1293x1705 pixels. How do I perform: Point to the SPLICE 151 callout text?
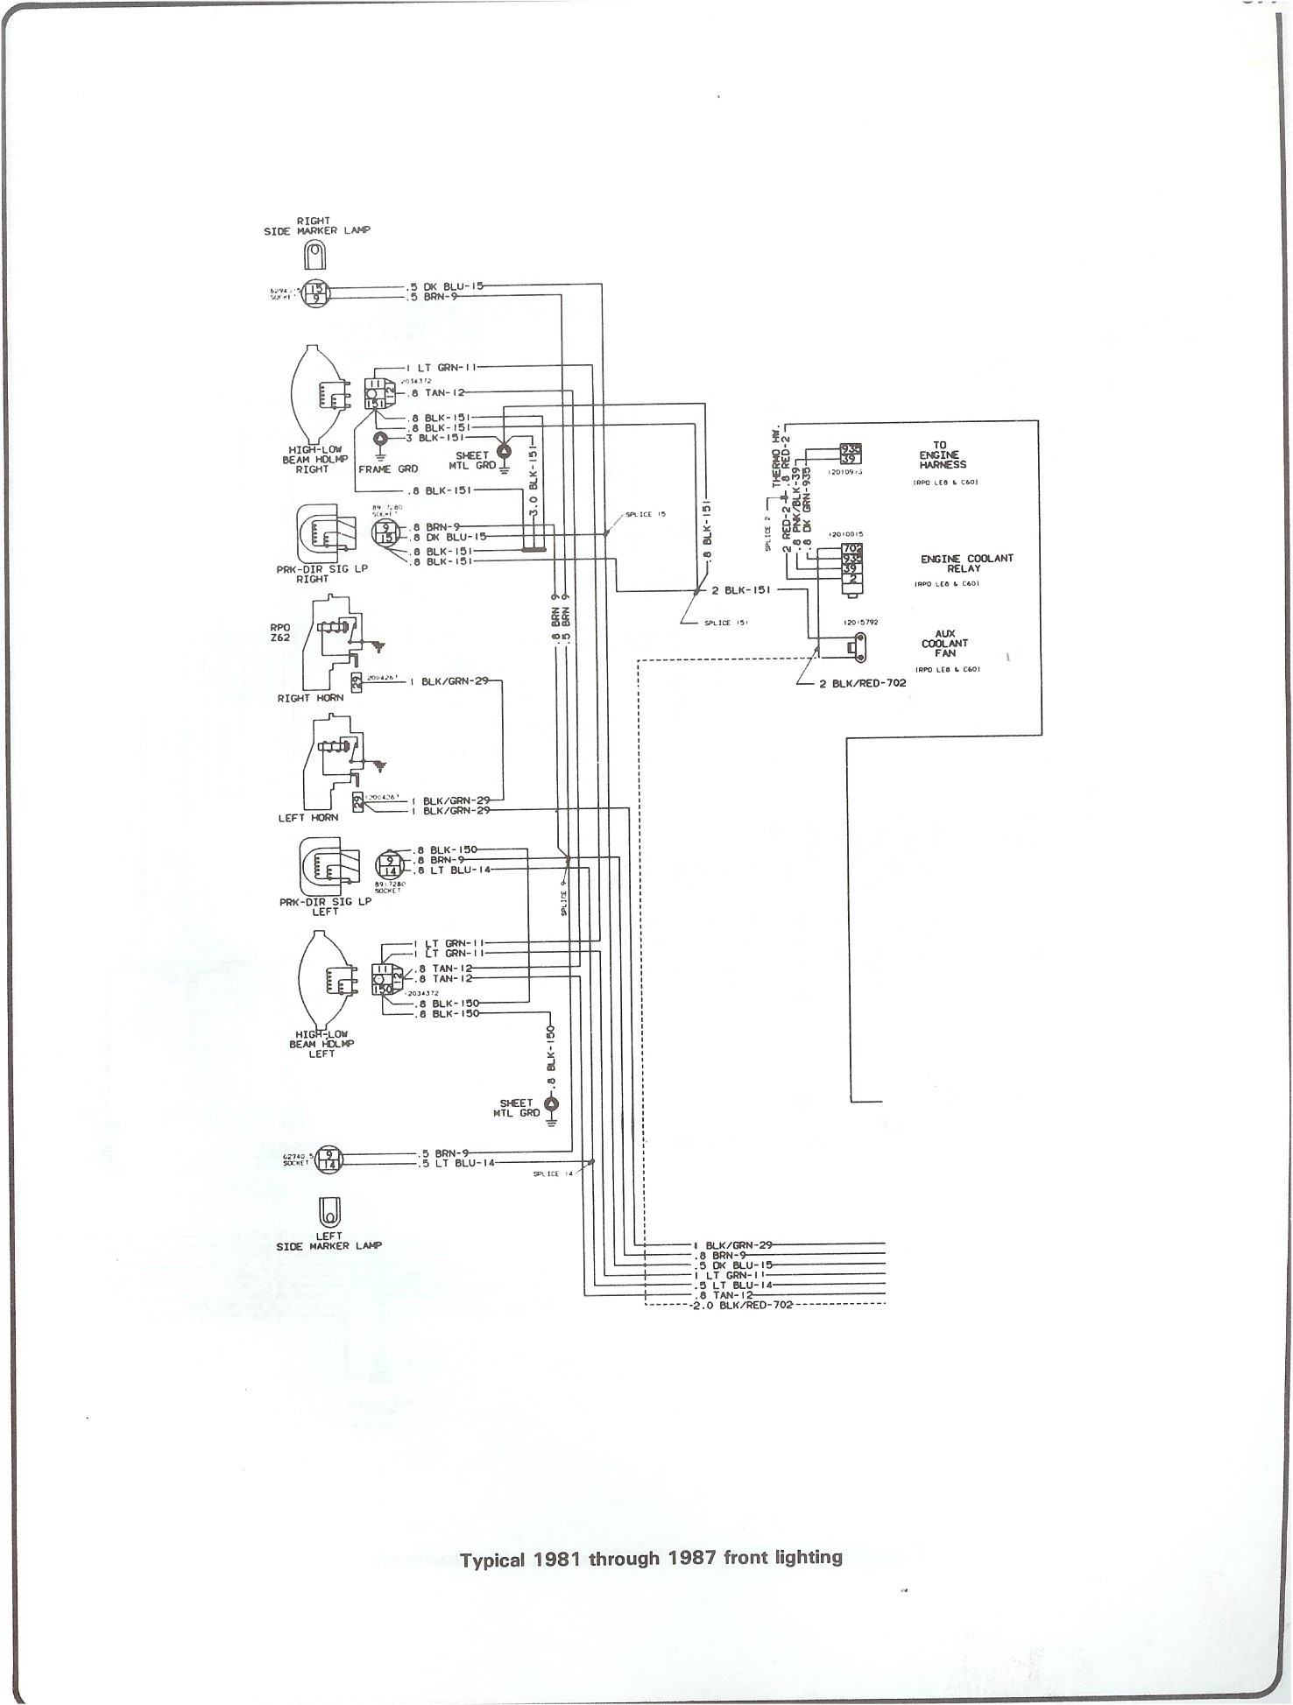(726, 623)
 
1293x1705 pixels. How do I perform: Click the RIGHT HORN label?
(311, 698)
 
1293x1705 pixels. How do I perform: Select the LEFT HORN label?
(308, 818)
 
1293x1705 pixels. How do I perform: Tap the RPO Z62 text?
(280, 633)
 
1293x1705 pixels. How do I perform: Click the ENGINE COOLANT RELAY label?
(966, 563)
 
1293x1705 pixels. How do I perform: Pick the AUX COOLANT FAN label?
(944, 643)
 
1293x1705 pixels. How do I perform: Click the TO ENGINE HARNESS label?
(943, 455)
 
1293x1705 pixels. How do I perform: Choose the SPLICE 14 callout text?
(552, 1173)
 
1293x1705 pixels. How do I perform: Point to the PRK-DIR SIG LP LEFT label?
(325, 905)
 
